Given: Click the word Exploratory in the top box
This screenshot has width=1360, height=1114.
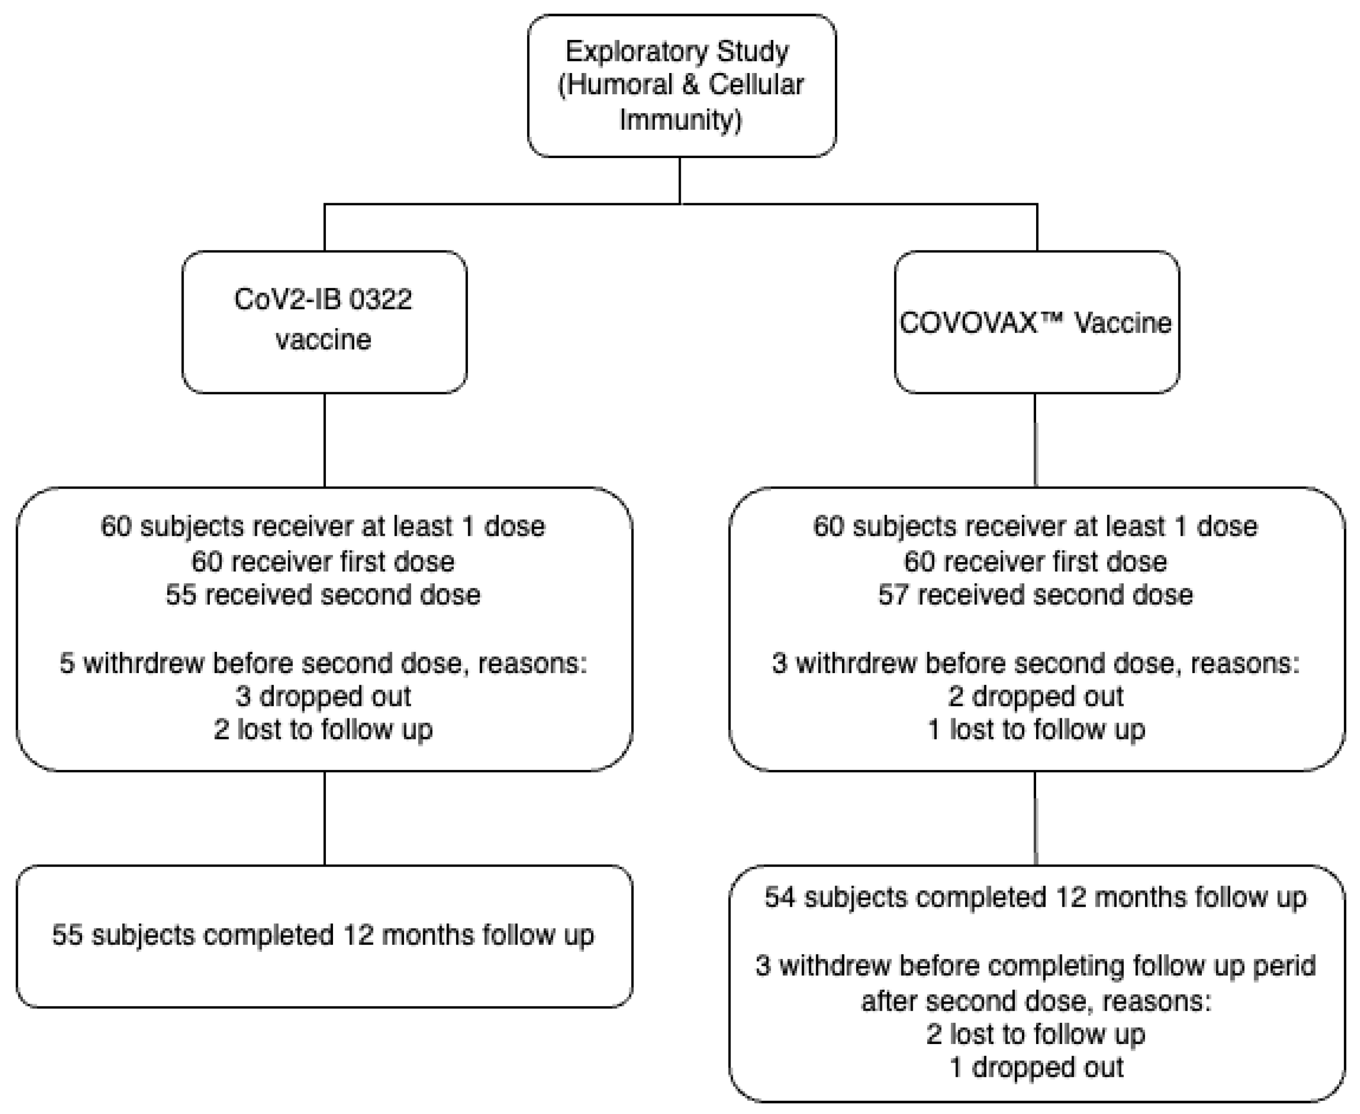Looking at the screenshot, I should tap(636, 51).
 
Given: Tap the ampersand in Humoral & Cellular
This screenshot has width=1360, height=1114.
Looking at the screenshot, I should tap(690, 85).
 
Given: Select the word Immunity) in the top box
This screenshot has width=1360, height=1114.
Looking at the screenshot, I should tap(680, 120).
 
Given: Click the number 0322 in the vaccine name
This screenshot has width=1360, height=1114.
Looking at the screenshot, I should tap(381, 300).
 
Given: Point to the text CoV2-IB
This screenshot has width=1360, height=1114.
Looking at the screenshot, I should tap(279, 300).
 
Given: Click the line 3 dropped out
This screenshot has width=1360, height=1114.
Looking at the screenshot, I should tap(323, 697).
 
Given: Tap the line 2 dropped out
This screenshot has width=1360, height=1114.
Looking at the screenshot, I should tap(1035, 697).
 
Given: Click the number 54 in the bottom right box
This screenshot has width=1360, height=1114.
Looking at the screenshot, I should tap(780, 897).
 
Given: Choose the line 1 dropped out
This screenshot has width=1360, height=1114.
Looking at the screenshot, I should tap(1035, 1068).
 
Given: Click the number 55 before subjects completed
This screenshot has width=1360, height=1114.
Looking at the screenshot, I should tap(67, 935).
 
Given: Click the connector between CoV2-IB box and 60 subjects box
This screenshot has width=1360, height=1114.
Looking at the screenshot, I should tap(325, 439).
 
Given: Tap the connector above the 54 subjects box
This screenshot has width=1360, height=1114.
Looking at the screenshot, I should tap(1035, 818).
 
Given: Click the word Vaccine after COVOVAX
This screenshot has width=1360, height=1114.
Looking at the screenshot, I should tap(1123, 323).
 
